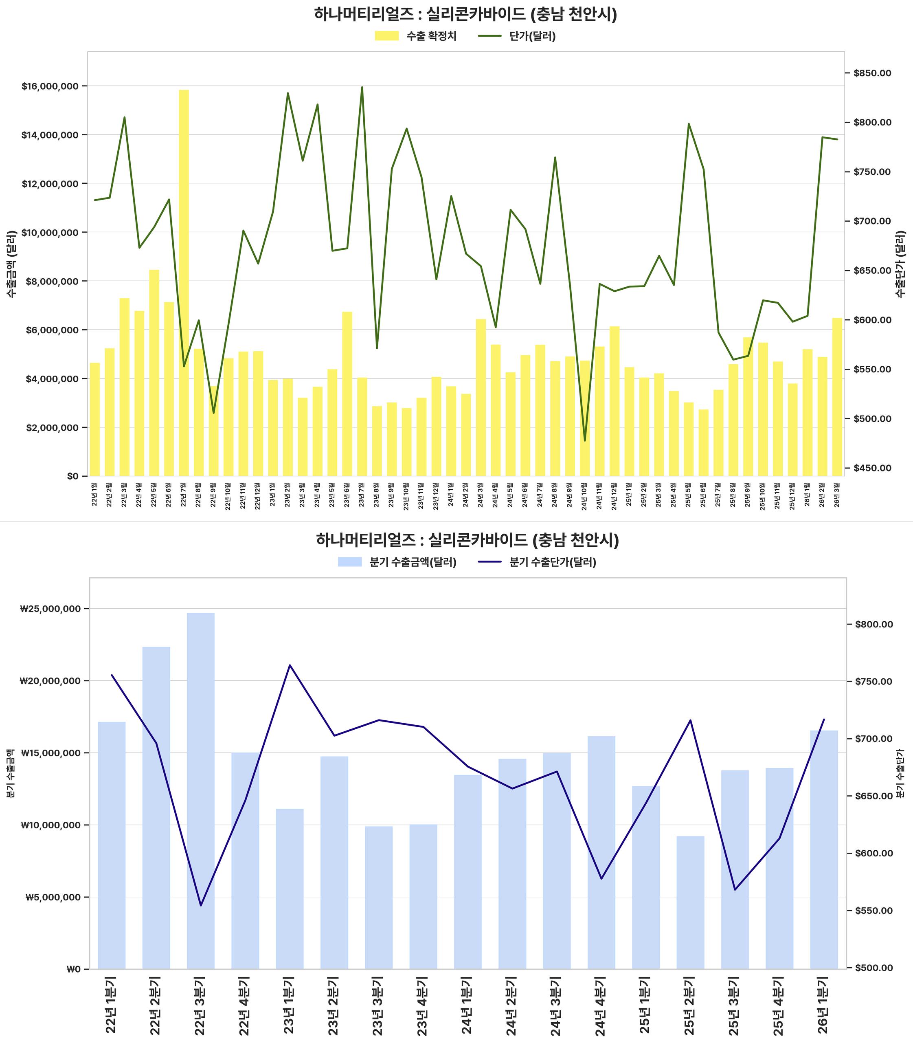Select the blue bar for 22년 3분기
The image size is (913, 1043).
pyautogui.click(x=201, y=790)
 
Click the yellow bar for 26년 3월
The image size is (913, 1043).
pyautogui.click(x=837, y=397)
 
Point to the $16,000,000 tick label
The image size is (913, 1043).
pyautogui.click(x=50, y=86)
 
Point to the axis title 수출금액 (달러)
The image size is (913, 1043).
pyautogui.click(x=11, y=264)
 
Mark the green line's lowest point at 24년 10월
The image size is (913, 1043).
pyautogui.click(x=585, y=440)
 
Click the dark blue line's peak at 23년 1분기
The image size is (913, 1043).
pyautogui.click(x=290, y=665)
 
